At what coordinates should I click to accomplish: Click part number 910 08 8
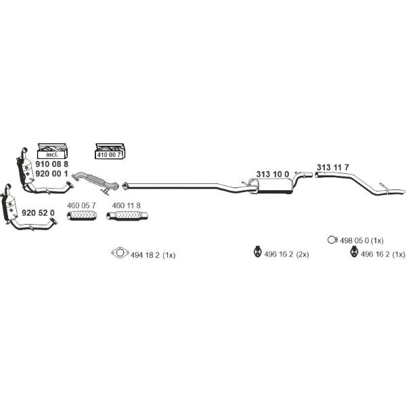[52, 164]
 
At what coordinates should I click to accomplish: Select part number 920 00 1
[52, 173]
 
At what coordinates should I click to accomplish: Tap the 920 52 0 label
[38, 213]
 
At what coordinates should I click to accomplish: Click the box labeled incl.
[52, 151]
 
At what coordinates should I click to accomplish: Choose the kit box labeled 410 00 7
[110, 151]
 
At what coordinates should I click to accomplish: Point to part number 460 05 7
[81, 206]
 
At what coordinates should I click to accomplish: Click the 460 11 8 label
[127, 206]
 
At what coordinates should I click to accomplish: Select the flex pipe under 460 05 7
[82, 216]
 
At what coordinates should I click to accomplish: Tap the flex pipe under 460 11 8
[127, 216]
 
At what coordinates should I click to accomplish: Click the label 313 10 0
[273, 175]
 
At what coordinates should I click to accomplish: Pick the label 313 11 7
[333, 167]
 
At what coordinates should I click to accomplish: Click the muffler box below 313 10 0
[274, 186]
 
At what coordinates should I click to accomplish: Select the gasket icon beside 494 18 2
[120, 252]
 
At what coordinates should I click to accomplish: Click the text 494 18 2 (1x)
[153, 255]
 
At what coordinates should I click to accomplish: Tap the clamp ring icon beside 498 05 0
[332, 240]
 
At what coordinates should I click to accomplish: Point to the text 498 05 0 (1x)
[361, 240]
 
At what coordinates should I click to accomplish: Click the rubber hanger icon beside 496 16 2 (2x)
[257, 252]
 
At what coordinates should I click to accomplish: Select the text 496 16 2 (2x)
[286, 254]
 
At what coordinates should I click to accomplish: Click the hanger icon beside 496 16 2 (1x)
[353, 252]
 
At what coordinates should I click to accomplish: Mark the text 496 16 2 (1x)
[383, 254]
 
